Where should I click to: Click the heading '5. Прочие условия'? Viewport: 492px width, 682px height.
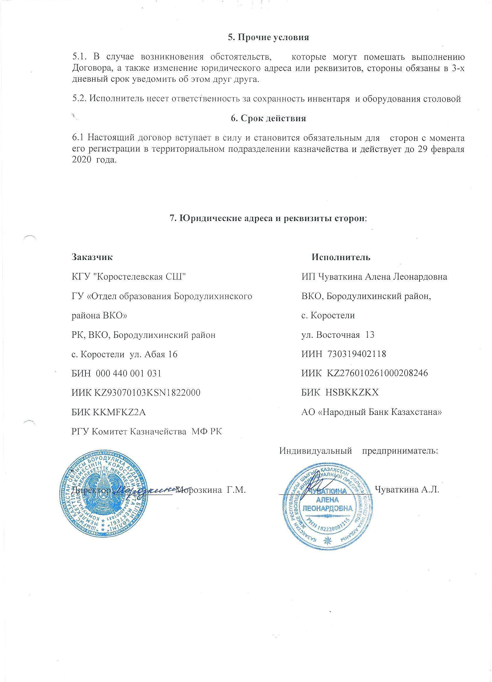[268, 38]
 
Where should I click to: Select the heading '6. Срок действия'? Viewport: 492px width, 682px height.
[268, 118]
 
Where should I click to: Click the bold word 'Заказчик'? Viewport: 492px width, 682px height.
[92, 257]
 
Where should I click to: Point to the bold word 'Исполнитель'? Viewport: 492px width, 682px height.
[341, 257]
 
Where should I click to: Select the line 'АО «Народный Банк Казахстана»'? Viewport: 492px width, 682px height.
[372, 412]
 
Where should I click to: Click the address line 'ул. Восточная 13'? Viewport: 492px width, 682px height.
[338, 335]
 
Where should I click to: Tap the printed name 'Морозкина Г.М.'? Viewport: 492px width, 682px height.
[211, 490]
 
